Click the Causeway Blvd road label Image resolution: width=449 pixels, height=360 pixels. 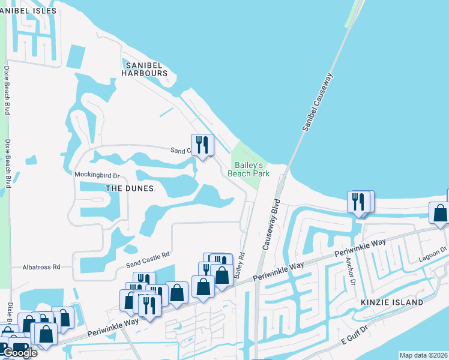[270, 224]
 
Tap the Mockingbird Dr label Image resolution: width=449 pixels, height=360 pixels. [97, 175]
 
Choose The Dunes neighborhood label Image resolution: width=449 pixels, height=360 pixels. [130, 188]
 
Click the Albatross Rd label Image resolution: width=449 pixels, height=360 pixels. [41, 266]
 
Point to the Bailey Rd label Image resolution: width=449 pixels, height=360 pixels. [240, 265]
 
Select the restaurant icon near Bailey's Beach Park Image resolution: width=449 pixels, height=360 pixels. [202, 144]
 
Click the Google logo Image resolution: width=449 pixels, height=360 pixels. [20, 353]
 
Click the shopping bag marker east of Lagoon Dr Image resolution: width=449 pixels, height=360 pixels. [439, 213]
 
